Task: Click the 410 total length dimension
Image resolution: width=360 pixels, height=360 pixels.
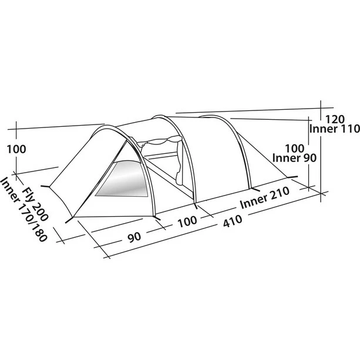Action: coord(233,221)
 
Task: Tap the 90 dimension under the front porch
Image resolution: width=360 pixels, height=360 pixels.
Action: coord(134,237)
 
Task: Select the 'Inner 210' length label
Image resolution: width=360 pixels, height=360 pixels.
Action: coord(265,198)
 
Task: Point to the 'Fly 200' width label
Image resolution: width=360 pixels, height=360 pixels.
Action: coord(36,205)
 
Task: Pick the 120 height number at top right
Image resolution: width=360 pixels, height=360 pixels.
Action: coord(335,119)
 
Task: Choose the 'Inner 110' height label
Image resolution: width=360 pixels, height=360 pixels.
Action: coord(334,129)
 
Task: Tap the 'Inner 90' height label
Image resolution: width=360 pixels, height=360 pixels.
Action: coord(294,158)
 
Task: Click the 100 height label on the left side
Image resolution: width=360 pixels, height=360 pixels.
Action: coord(16,149)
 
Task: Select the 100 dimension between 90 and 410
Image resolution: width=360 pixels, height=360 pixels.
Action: coord(187,221)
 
